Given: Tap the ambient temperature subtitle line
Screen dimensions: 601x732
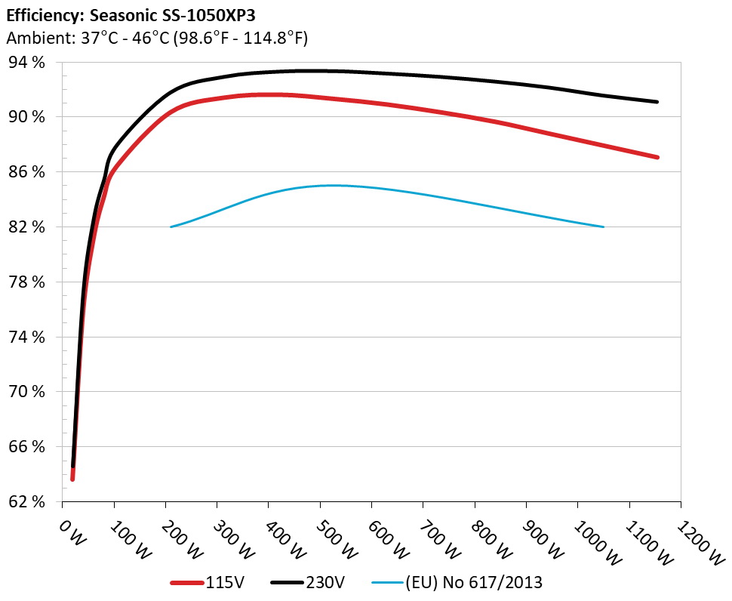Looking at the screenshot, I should (157, 38).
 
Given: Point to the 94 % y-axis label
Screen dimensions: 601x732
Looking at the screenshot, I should (28, 63).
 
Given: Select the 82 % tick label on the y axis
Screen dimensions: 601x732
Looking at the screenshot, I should (28, 227).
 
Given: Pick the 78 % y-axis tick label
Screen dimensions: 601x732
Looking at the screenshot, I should (28, 282).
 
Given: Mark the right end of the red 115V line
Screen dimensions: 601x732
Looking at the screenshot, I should (657, 157).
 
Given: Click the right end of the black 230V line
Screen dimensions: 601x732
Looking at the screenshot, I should (657, 102).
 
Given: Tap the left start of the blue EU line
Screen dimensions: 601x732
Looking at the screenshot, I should (172, 227).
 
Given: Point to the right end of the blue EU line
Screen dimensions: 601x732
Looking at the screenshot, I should (604, 227).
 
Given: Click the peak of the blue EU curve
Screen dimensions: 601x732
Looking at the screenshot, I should (332, 185).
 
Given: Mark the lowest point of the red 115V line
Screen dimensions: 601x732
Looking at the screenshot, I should (72, 479).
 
